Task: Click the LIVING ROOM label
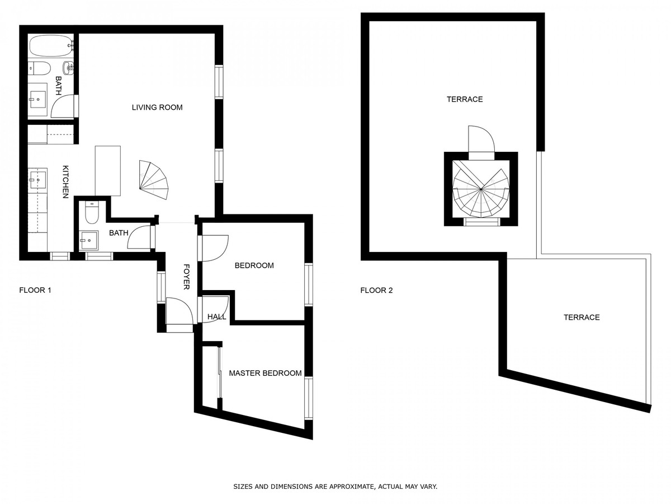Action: [157, 108]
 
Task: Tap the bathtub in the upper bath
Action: [51, 45]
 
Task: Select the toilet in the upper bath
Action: [39, 68]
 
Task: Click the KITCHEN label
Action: [65, 182]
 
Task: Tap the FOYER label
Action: [186, 277]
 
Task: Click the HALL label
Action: [217, 317]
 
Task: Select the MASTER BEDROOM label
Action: [266, 373]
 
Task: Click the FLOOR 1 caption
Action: [35, 290]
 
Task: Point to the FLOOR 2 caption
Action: [376, 290]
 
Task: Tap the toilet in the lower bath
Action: [91, 212]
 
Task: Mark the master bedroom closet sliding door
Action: [220, 373]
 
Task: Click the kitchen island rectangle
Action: [107, 171]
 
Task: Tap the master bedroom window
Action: [309, 398]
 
